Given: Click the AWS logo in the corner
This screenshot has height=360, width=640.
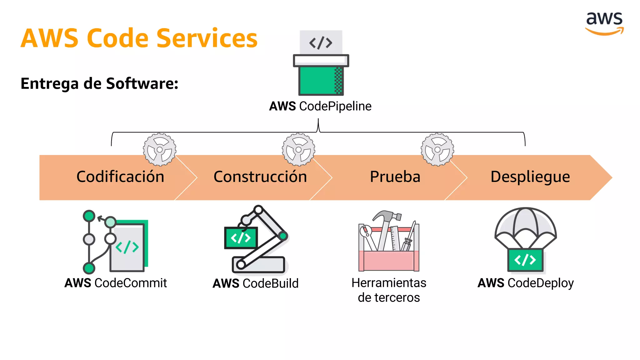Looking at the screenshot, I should point(604,23).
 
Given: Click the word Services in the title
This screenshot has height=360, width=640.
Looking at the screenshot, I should point(207,38).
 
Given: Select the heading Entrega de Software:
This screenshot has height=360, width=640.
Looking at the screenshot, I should point(99,83).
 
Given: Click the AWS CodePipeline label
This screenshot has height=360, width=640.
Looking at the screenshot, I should point(320,106).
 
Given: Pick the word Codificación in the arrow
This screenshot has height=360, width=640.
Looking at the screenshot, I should point(120,177).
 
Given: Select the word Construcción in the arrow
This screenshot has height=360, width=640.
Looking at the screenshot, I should point(260,177).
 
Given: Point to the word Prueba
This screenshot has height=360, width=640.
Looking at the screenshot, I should point(395,177).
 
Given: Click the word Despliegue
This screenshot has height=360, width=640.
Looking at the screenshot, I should point(530,177).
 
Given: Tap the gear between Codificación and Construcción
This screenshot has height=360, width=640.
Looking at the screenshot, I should point(160,150).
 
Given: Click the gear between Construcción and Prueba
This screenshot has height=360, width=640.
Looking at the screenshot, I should point(298,150).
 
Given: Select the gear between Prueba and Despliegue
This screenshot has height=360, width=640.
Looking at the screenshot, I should point(437,150).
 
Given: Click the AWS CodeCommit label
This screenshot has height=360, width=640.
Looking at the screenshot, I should point(116,283).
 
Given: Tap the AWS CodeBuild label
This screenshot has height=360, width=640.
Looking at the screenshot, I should point(256,283).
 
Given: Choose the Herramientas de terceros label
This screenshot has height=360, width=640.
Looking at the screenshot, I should point(389,290).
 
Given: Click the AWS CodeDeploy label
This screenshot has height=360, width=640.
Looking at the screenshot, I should point(526,283).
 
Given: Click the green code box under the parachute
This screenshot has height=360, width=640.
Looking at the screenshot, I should point(525,260).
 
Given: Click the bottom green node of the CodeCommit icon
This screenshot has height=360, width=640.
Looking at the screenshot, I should point(89,268).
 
